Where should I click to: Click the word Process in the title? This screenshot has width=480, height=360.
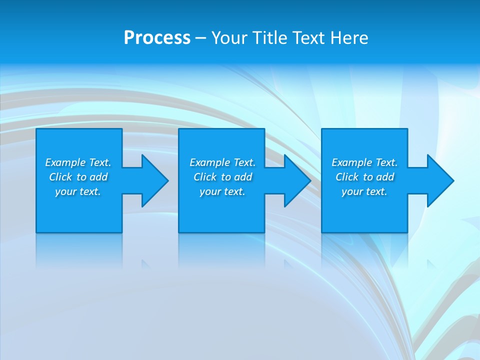157,38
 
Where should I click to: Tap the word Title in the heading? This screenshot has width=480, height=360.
269,38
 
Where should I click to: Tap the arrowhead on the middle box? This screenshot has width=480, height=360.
296,180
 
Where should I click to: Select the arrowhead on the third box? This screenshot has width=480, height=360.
439,180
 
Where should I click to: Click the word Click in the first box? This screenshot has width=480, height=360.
60,177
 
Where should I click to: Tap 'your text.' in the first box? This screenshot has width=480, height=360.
78,191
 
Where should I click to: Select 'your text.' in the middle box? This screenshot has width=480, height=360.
222,191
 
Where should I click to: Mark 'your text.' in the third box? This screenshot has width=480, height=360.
364,191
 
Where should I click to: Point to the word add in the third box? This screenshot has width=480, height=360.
385,177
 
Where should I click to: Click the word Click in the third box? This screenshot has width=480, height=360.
347,177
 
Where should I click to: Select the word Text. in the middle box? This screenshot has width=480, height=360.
244,162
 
